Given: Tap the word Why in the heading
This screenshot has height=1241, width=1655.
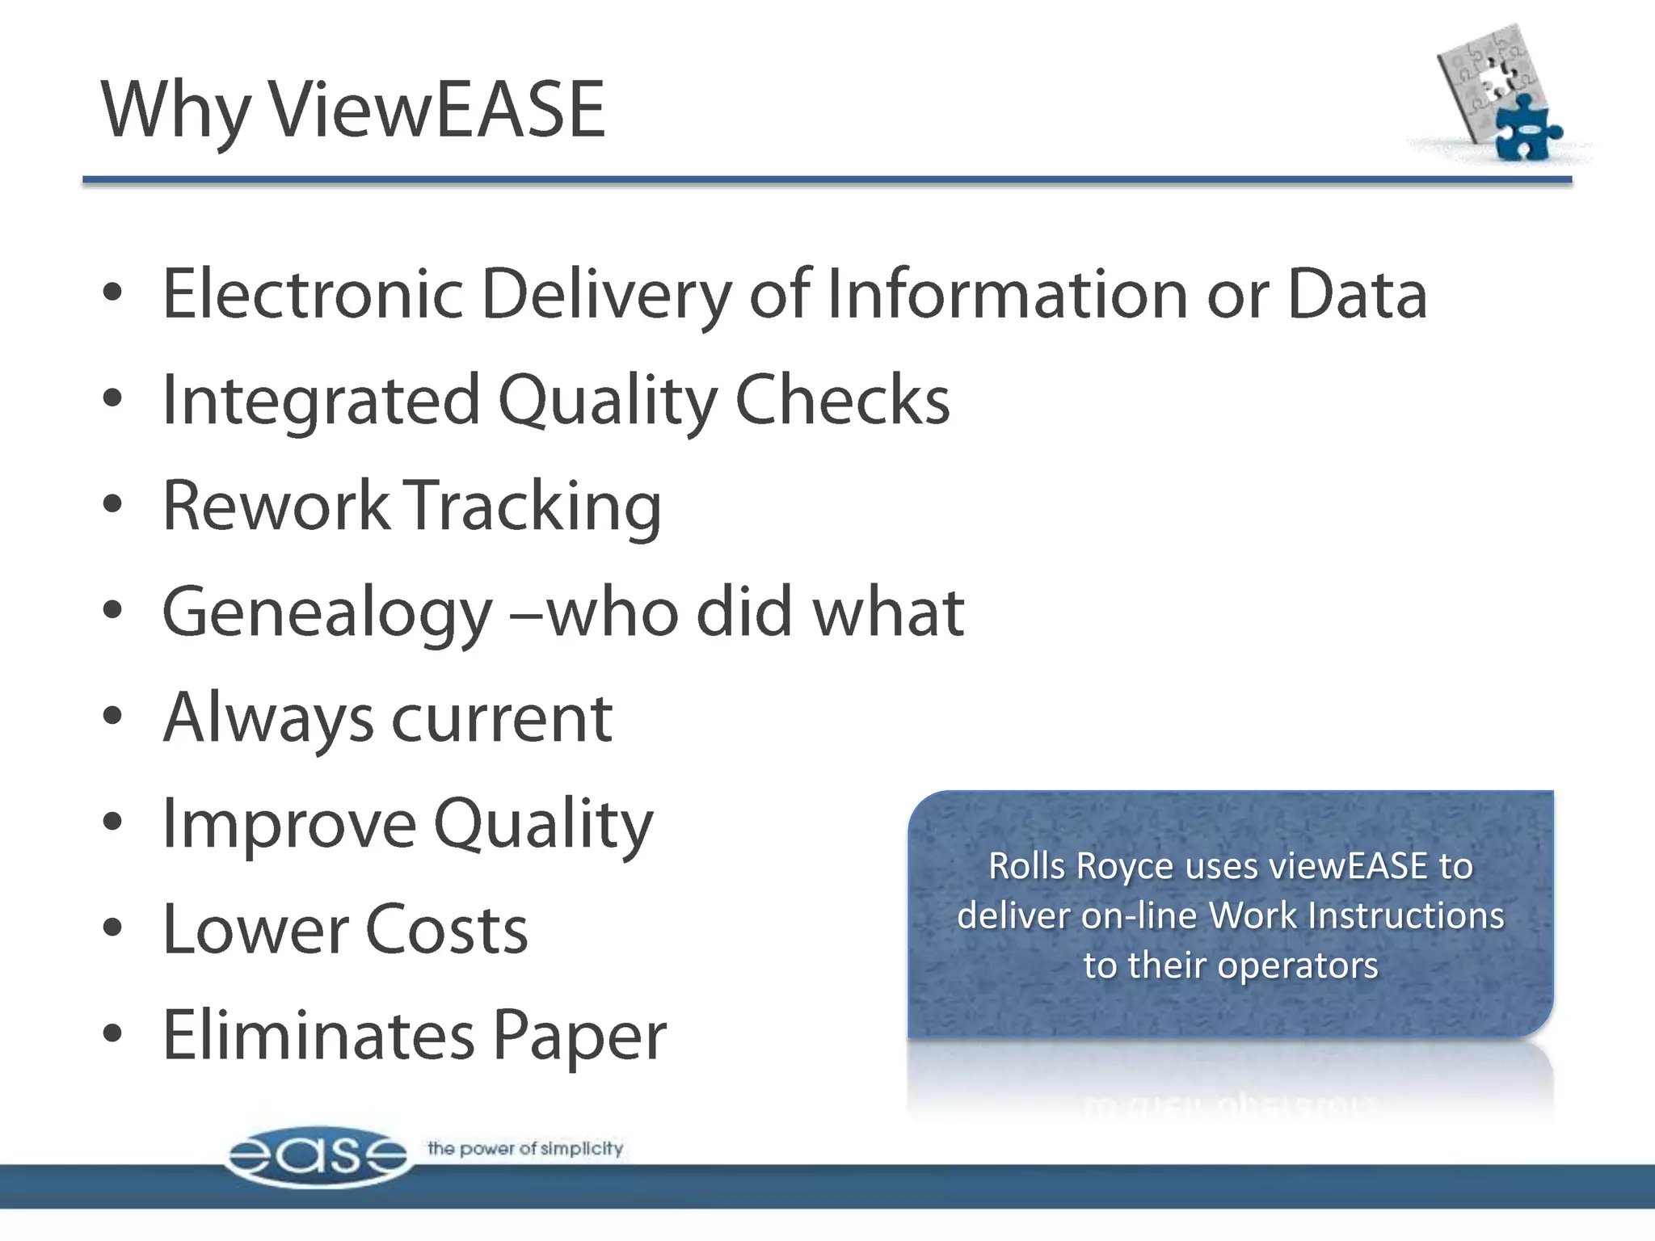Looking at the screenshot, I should coord(175,111).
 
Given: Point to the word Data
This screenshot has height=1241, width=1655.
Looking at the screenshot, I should coord(1357,294).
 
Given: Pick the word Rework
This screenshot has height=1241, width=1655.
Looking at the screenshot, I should coord(276,506).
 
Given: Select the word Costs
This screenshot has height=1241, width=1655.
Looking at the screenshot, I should coord(446,931).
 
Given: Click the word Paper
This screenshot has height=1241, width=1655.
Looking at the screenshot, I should coord(579,1037).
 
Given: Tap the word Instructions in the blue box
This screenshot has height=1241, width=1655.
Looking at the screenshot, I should coord(1405,916).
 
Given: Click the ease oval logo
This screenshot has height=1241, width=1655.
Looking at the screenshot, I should coord(317,1155).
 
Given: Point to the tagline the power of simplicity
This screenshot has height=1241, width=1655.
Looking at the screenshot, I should coord(525,1148).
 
